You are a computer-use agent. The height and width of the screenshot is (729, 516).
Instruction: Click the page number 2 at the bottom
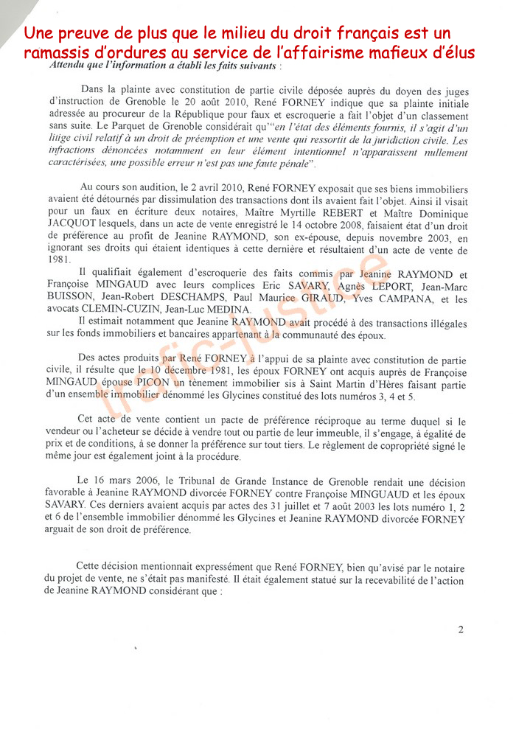click(461, 629)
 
